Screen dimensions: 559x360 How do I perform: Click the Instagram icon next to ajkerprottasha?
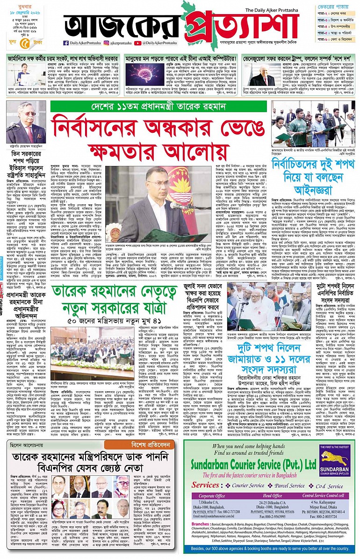tap(106, 43)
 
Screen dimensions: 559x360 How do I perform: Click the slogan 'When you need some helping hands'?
tap(252, 446)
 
